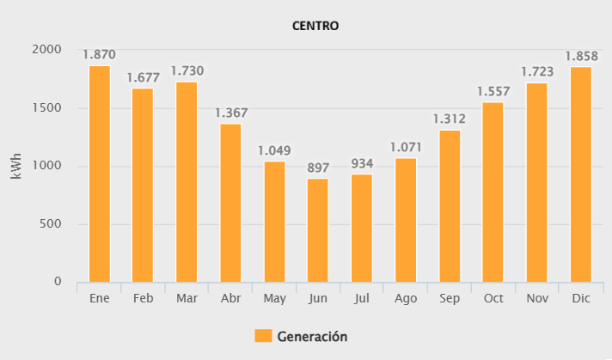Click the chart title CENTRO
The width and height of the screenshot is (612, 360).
(x=315, y=26)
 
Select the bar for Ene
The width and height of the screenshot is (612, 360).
(x=100, y=174)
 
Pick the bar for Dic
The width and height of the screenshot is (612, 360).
(x=580, y=174)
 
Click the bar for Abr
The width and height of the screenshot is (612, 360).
(x=230, y=203)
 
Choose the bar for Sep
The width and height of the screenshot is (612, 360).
(x=450, y=205)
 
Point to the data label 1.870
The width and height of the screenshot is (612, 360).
(x=100, y=55)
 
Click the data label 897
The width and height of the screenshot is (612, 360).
(x=318, y=168)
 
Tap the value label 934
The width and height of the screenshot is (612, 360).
(x=362, y=163)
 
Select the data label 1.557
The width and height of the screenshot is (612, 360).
(x=493, y=92)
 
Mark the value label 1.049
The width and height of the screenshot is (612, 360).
(x=274, y=150)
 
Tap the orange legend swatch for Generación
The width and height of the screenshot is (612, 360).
(x=263, y=336)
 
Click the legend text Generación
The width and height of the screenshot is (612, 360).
(x=312, y=336)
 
